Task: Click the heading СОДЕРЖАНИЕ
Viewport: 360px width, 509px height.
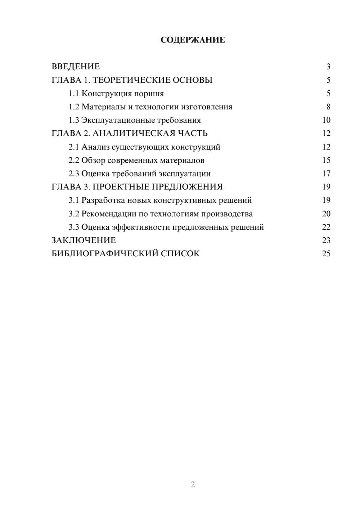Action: pos(193,40)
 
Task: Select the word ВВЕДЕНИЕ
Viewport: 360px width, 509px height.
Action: pos(76,67)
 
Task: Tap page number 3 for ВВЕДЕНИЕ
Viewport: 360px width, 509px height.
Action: pos(328,67)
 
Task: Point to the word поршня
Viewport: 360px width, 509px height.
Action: pos(149,94)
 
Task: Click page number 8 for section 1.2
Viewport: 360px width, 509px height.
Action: pos(328,107)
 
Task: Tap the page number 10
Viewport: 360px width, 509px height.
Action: pos(326,120)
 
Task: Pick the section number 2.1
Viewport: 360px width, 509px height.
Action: pos(74,147)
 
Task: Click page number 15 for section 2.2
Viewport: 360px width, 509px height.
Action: pos(326,160)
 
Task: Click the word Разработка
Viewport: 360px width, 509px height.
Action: pos(100,200)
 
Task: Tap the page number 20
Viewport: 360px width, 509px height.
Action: pos(326,214)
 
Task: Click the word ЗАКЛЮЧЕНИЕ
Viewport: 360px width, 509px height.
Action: pos(84,240)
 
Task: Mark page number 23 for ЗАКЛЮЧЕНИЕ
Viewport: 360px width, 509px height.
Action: pos(326,240)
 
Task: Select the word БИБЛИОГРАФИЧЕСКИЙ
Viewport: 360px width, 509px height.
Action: pos(105,253)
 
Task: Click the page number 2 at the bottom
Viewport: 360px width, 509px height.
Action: pos(193,485)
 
